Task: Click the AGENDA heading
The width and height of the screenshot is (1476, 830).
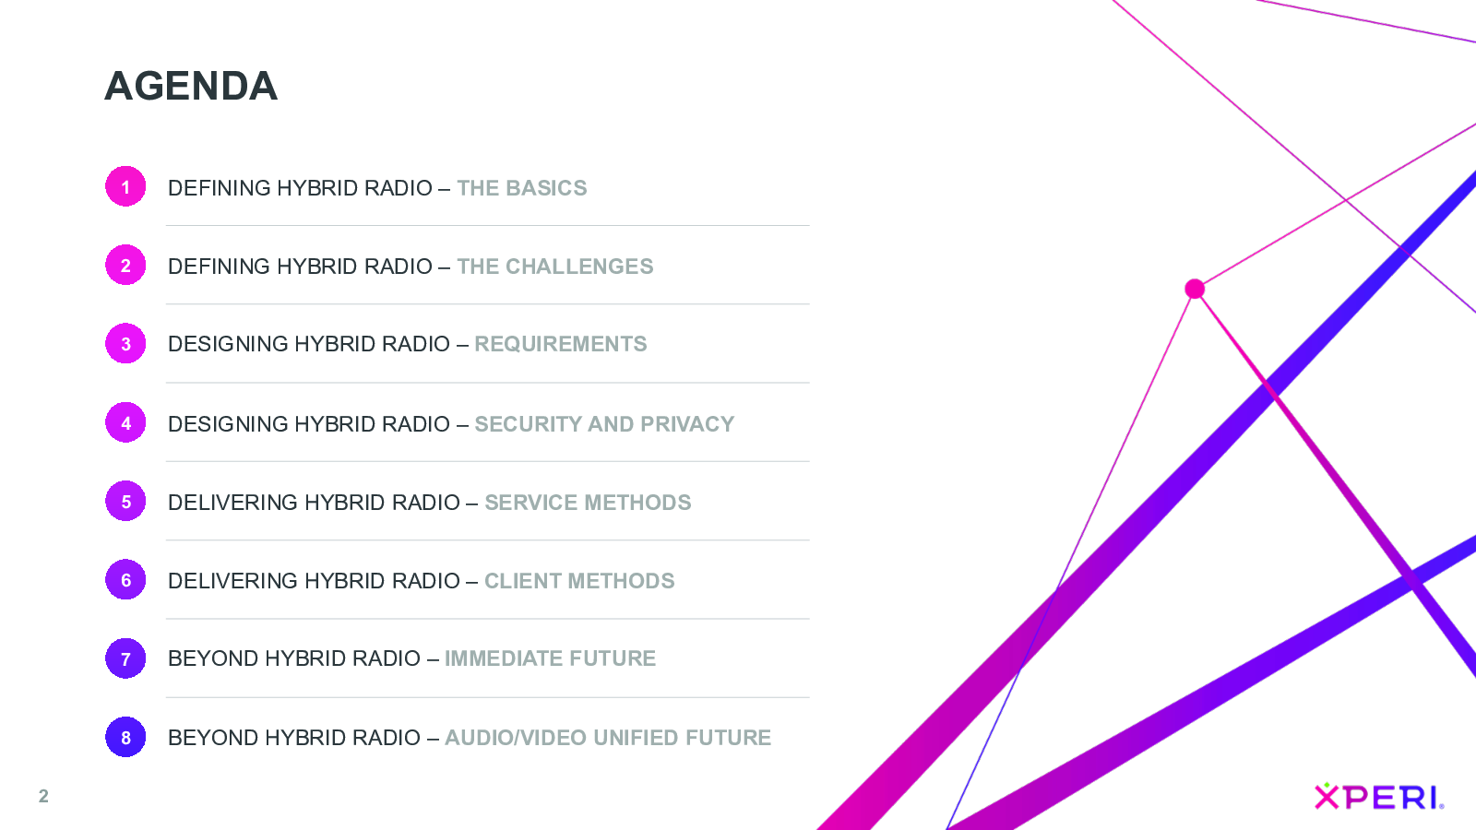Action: coord(191,87)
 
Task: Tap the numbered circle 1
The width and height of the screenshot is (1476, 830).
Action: coord(125,186)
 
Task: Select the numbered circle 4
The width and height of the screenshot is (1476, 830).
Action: coord(125,422)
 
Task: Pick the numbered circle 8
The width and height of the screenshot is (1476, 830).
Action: coord(125,737)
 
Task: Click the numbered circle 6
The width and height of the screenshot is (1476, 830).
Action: coord(125,580)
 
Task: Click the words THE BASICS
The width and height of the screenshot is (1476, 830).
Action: coord(522,188)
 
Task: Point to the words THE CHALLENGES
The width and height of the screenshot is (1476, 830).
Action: coord(554,267)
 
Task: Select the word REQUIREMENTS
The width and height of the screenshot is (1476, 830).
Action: coord(561,345)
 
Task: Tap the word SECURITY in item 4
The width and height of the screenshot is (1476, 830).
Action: coord(528,424)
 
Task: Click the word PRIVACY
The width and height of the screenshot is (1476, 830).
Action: coord(687,424)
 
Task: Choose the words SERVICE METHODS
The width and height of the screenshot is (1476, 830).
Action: coord(588,503)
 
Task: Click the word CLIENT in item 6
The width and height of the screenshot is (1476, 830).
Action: coord(523,581)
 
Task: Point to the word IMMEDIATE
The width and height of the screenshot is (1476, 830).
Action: coord(504,658)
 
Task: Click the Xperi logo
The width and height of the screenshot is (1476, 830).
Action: coord(1379,796)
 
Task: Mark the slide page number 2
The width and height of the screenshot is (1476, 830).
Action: coord(43,797)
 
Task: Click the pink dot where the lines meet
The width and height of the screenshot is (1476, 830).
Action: coord(1195,289)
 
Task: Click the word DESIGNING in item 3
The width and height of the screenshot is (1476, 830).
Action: coord(227,345)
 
